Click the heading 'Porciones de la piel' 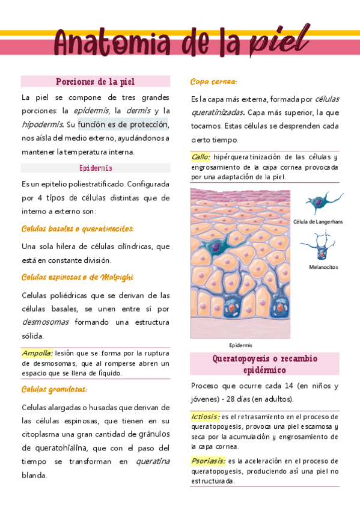(x=95, y=81)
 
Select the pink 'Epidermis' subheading (x=96, y=168)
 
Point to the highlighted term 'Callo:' (x=201, y=157)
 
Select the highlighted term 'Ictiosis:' (x=205, y=416)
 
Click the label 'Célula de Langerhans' (x=318, y=222)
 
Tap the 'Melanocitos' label (x=323, y=266)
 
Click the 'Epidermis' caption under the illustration (x=241, y=345)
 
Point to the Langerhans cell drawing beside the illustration (x=322, y=203)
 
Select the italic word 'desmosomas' (x=45, y=322)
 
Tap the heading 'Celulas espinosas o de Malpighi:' (x=78, y=277)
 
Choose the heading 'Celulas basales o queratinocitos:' (x=78, y=229)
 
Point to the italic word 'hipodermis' (x=42, y=124)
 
